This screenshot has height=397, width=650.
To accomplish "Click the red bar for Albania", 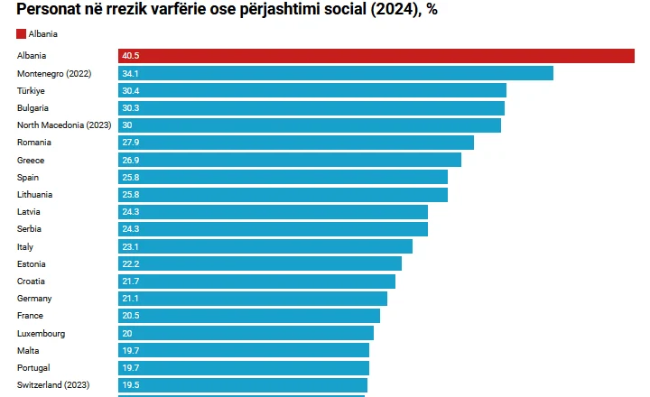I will point(376,56).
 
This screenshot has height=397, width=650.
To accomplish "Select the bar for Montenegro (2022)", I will point(335,73).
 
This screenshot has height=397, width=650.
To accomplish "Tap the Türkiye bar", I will point(311,90).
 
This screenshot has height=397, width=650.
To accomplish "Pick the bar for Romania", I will point(295,143).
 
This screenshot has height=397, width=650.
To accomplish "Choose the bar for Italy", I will point(265,246).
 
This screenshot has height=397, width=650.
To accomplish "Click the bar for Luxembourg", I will point(246,333).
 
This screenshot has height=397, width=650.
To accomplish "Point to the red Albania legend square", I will point(21,33).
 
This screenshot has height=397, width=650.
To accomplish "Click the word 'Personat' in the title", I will point(52,10).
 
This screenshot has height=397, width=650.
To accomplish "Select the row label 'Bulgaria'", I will point(32,108).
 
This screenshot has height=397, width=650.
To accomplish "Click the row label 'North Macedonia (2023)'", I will point(63,125).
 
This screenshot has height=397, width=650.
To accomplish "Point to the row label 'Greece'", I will point(31,160).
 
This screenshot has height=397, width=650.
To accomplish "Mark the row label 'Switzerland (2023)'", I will point(54,385).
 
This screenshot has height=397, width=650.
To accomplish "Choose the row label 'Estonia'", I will point(32,263).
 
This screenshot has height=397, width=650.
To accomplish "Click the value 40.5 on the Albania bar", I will point(131,56).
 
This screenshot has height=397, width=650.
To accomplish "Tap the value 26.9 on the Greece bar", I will point(131,160).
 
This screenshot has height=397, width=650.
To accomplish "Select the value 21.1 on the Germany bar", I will point(130,299).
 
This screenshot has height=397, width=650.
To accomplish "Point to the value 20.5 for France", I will point(131,316).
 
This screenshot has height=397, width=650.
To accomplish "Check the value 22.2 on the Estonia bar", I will point(131,263).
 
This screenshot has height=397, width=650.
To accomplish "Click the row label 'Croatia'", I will point(31,282).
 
